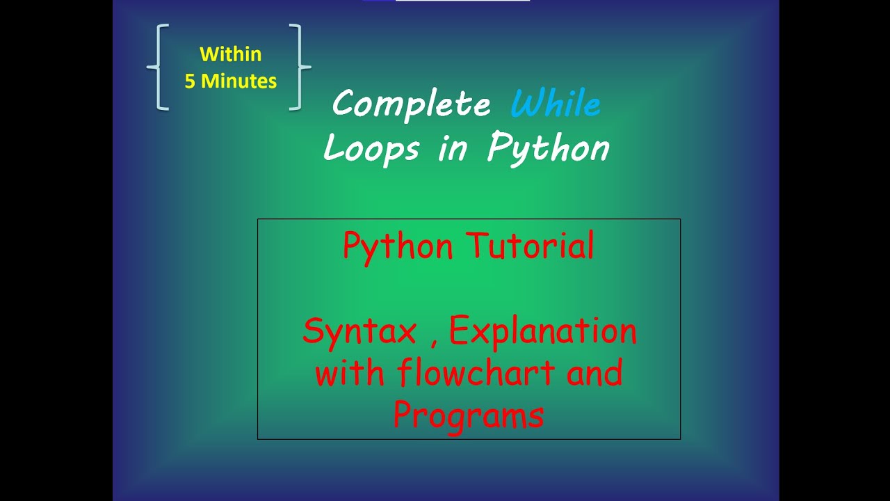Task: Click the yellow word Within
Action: (230, 54)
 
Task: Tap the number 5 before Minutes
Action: (189, 81)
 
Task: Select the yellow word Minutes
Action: (238, 81)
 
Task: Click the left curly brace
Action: (159, 67)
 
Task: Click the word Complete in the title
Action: (411, 105)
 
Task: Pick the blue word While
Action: (555, 105)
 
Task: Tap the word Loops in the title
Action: (371, 148)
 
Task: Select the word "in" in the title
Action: (452, 148)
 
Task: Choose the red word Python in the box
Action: (398, 247)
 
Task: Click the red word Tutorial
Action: (530, 246)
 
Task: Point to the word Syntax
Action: (359, 332)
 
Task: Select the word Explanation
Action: (542, 332)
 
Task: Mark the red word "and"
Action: (594, 374)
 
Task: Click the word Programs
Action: (468, 416)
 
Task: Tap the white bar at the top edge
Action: (462, 1)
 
